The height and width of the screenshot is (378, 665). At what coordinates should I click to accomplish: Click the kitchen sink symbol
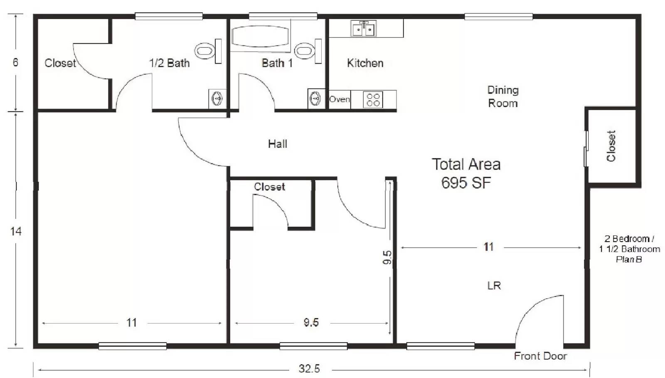[363, 29]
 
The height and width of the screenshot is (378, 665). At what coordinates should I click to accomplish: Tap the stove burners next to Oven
[373, 100]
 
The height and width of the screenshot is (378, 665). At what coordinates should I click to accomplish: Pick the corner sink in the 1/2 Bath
[217, 99]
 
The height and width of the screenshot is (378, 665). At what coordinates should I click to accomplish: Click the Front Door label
[540, 356]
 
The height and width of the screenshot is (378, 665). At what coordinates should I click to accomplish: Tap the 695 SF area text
[466, 183]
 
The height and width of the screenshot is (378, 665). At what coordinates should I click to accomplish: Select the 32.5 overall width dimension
[309, 369]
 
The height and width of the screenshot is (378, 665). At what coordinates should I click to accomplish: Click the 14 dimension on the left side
[16, 231]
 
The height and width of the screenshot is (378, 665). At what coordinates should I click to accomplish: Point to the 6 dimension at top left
[15, 62]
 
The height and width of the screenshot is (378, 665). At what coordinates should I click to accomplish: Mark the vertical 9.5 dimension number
[387, 257]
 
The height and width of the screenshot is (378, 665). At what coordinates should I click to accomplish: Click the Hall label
[278, 144]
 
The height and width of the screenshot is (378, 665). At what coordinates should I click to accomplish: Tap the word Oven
[339, 99]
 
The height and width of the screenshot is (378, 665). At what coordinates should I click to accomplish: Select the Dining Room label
[503, 96]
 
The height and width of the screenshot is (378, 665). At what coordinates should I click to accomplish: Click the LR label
[494, 286]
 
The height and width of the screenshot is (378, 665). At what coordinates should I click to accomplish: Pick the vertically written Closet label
[611, 146]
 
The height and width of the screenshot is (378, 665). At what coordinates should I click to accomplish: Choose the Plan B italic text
[629, 259]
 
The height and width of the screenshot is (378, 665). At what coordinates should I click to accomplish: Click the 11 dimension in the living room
[488, 247]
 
